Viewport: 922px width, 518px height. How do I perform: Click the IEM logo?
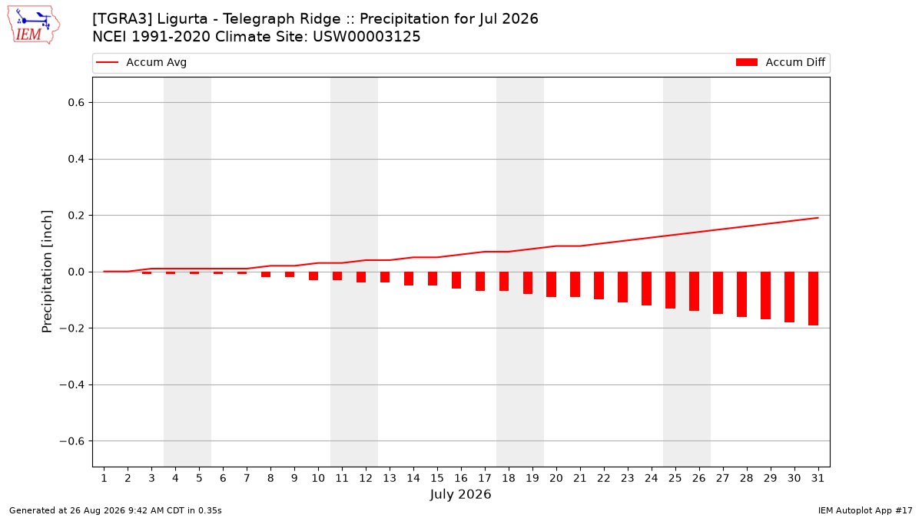(34, 25)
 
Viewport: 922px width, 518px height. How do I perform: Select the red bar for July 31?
(813, 299)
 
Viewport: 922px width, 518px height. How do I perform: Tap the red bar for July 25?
(670, 290)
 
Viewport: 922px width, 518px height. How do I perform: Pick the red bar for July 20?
(551, 285)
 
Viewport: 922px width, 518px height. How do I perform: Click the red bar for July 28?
(741, 295)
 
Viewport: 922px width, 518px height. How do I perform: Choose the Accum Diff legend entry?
(781, 62)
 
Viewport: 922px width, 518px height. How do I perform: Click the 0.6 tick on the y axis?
(76, 102)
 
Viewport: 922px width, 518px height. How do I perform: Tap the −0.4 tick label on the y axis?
(72, 384)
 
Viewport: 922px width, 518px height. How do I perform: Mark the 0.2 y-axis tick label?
(76, 216)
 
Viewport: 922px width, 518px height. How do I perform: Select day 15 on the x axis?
(437, 478)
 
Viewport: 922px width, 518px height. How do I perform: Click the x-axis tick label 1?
(104, 478)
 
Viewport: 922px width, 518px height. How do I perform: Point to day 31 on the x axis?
(818, 478)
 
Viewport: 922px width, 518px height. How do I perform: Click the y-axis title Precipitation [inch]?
(47, 272)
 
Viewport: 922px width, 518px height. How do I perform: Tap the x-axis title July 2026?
(460, 494)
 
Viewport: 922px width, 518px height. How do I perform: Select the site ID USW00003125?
(366, 37)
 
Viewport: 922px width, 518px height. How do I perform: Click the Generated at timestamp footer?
(115, 510)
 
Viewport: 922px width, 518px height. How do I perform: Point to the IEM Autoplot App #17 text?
(865, 510)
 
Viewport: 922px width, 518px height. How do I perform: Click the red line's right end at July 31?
(818, 218)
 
